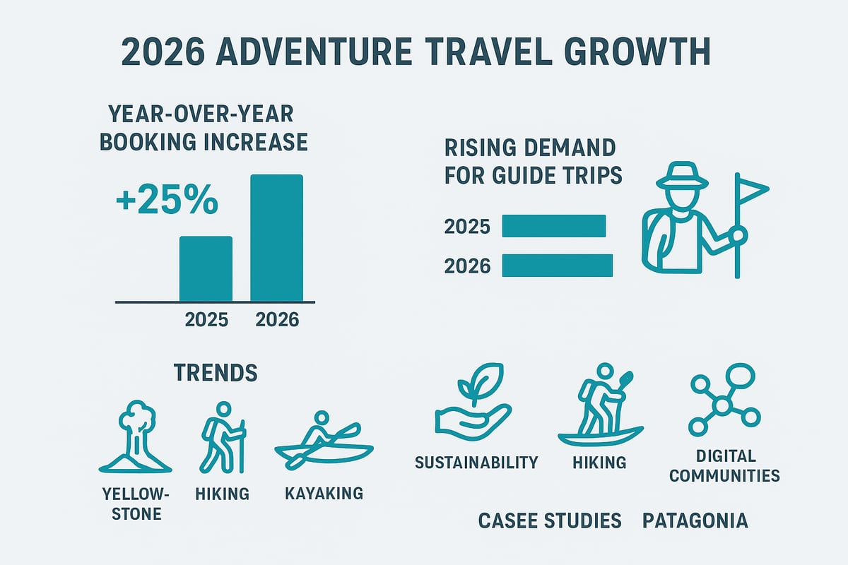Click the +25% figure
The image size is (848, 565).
166,201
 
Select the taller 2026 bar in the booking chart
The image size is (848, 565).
277,238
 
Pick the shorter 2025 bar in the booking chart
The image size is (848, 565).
206,268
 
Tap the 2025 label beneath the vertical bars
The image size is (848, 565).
206,320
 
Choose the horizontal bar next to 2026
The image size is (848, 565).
557,265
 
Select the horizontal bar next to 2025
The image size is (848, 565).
553,226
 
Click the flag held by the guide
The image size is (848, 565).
750,189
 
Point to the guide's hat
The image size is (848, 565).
681,176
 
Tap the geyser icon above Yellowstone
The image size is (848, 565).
135,437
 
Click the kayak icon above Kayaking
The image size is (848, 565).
324,442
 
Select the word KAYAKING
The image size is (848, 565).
324,493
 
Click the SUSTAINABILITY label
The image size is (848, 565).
476,463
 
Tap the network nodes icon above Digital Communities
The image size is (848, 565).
724,399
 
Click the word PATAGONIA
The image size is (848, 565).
695,521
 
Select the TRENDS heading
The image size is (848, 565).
215,372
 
